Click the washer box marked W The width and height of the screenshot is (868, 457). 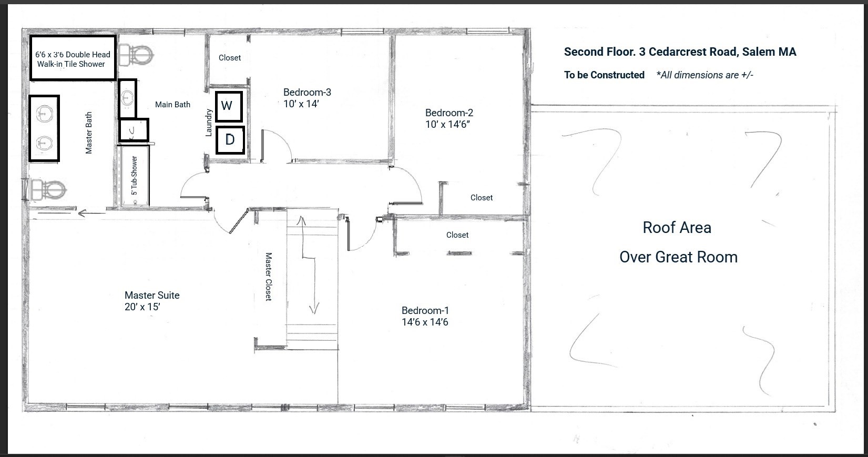point(229,106)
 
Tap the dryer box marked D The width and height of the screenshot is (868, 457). point(230,140)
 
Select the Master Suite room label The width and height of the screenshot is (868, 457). point(152,295)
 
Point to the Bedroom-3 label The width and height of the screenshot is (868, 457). point(307,92)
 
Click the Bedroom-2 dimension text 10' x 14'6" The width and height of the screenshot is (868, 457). point(447,125)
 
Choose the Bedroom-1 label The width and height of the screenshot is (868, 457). point(425,310)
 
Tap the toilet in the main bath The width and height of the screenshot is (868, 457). point(135,54)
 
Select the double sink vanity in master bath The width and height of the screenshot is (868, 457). point(44,128)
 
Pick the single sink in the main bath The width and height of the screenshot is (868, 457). point(127,98)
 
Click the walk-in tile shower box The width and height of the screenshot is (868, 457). point(73,58)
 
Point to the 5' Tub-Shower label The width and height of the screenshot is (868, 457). point(135,176)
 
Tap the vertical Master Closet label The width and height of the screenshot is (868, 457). point(269,277)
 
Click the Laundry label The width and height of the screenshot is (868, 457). point(209,123)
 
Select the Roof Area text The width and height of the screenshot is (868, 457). point(677,228)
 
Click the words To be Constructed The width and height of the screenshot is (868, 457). point(604,75)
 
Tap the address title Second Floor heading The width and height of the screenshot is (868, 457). point(680,52)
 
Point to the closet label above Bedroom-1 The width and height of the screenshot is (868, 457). point(457,235)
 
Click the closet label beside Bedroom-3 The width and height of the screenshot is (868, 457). point(230,58)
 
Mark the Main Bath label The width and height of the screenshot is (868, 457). point(172,105)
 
